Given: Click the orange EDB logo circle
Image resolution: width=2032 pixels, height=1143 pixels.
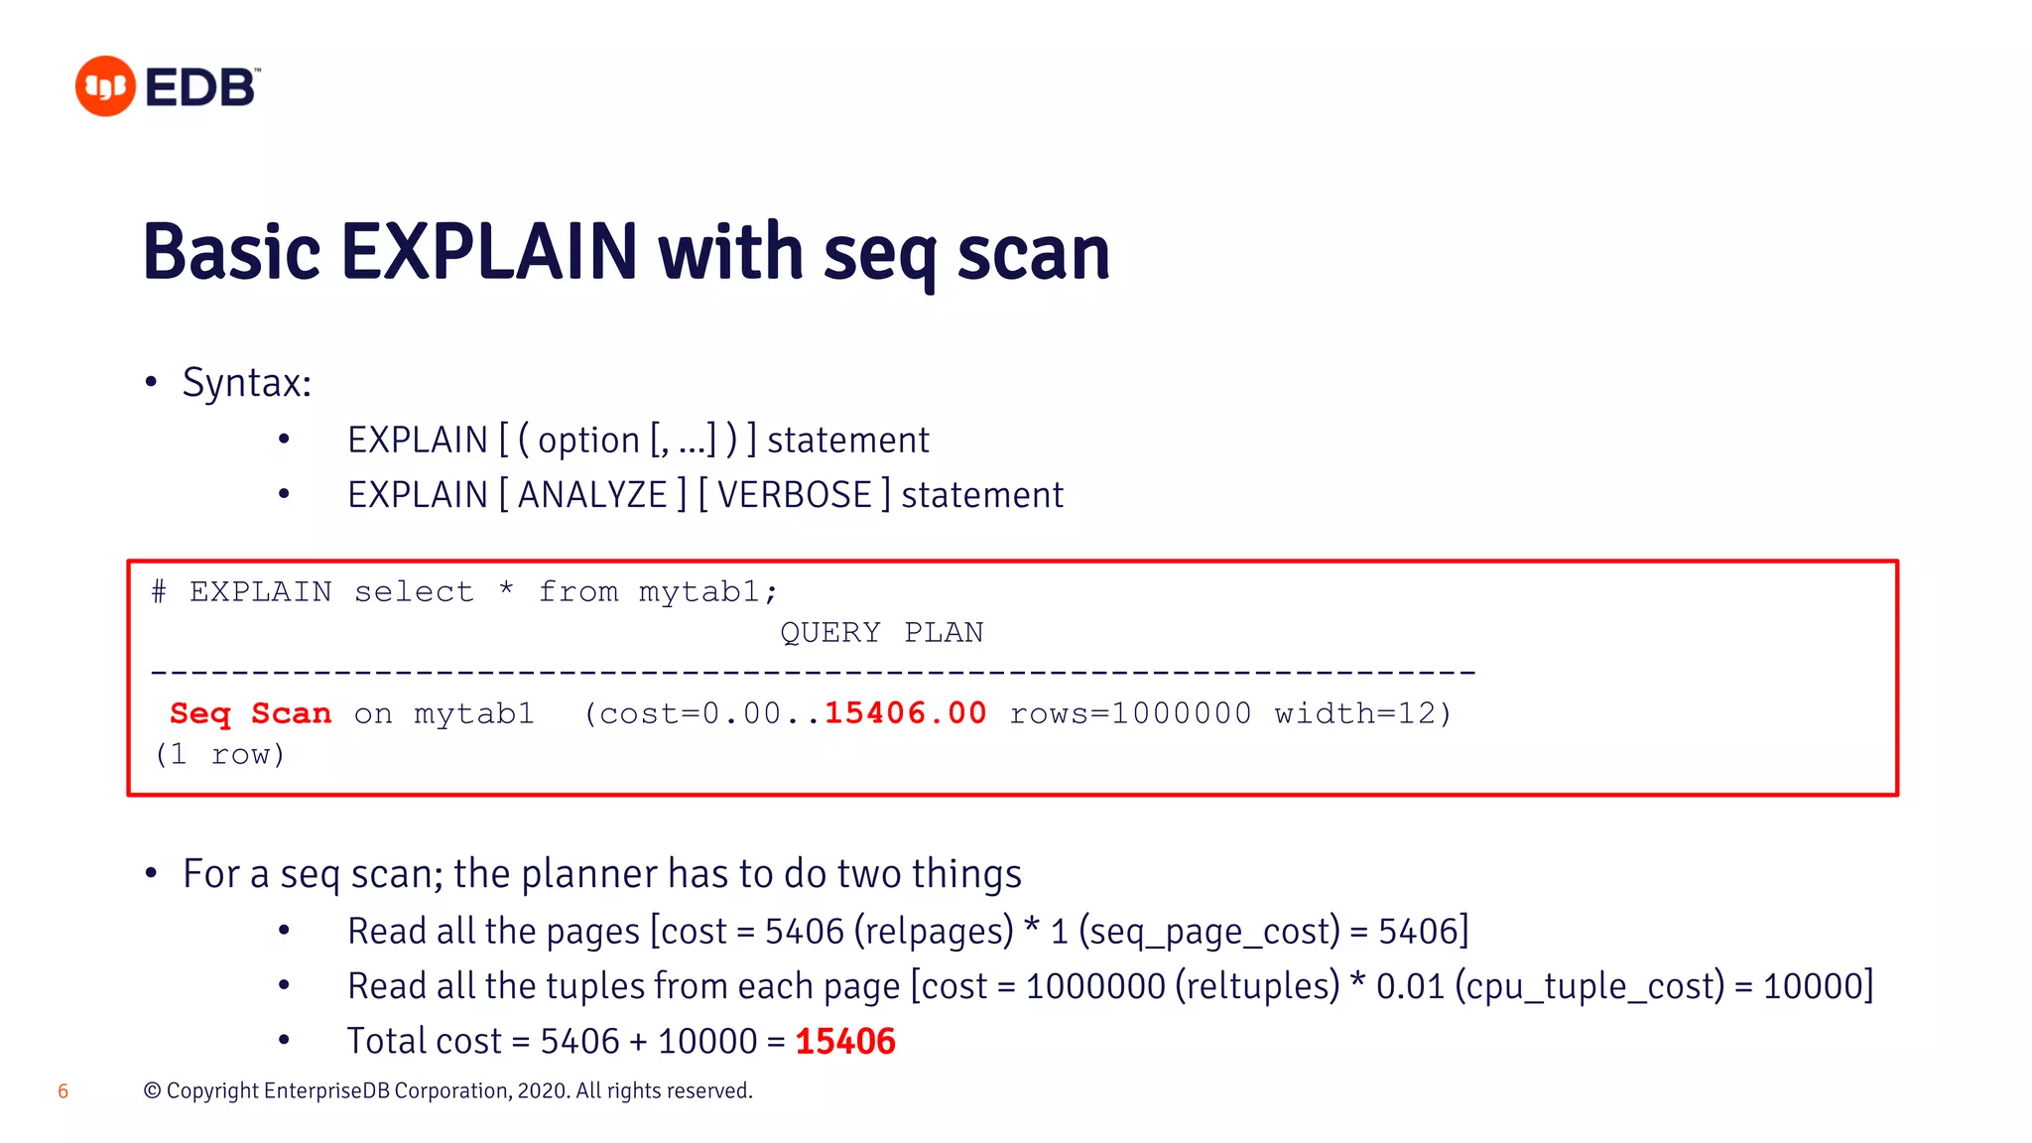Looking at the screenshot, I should (104, 86).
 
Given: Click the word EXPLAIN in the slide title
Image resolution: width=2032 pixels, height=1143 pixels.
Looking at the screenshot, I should (488, 252).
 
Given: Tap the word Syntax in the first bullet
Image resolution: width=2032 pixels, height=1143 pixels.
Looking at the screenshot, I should (245, 383).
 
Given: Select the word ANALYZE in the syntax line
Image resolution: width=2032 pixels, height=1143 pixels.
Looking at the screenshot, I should (592, 495).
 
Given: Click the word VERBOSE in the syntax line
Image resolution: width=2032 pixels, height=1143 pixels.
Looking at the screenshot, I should (794, 495).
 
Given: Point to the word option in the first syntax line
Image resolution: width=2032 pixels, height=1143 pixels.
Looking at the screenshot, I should (588, 441).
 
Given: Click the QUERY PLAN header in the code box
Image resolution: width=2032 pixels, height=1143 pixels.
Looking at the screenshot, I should (881, 632).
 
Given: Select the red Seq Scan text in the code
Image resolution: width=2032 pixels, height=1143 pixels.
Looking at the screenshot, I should (250, 713).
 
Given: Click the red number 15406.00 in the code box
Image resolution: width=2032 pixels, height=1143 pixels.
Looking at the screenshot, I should (905, 713).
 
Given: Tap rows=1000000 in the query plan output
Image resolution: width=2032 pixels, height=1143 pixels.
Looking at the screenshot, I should (1130, 713).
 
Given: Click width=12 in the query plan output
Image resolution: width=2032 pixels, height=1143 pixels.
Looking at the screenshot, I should (1361, 713).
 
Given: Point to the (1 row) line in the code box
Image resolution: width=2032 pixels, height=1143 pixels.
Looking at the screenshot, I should (220, 755).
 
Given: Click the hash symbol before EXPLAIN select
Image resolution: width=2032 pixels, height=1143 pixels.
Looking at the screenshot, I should (159, 591).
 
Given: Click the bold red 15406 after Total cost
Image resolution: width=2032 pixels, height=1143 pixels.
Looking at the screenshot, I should (844, 1042).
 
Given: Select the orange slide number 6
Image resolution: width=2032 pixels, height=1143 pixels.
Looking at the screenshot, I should (63, 1091).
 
